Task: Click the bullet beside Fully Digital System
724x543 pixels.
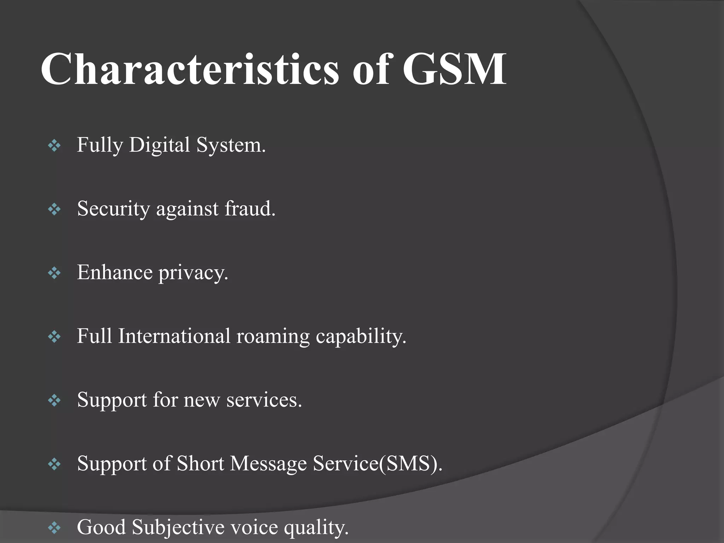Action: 54,146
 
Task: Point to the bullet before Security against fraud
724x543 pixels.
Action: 54,209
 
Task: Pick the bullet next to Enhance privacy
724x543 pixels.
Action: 54,273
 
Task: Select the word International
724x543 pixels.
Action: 174,336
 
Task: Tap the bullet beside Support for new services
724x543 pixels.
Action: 54,400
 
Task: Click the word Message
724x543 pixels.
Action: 268,464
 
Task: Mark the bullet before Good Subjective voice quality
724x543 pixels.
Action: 54,528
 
